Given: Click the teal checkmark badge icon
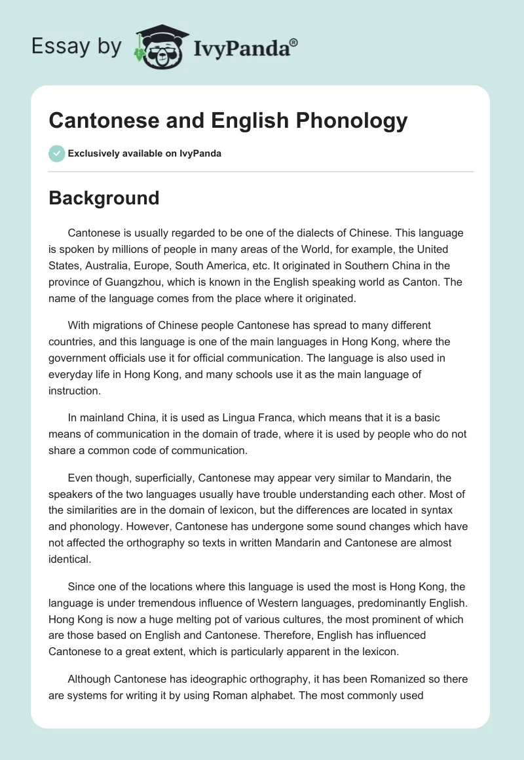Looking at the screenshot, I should pyautogui.click(x=56, y=154).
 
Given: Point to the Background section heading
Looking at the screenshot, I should pyautogui.click(x=103, y=198).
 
